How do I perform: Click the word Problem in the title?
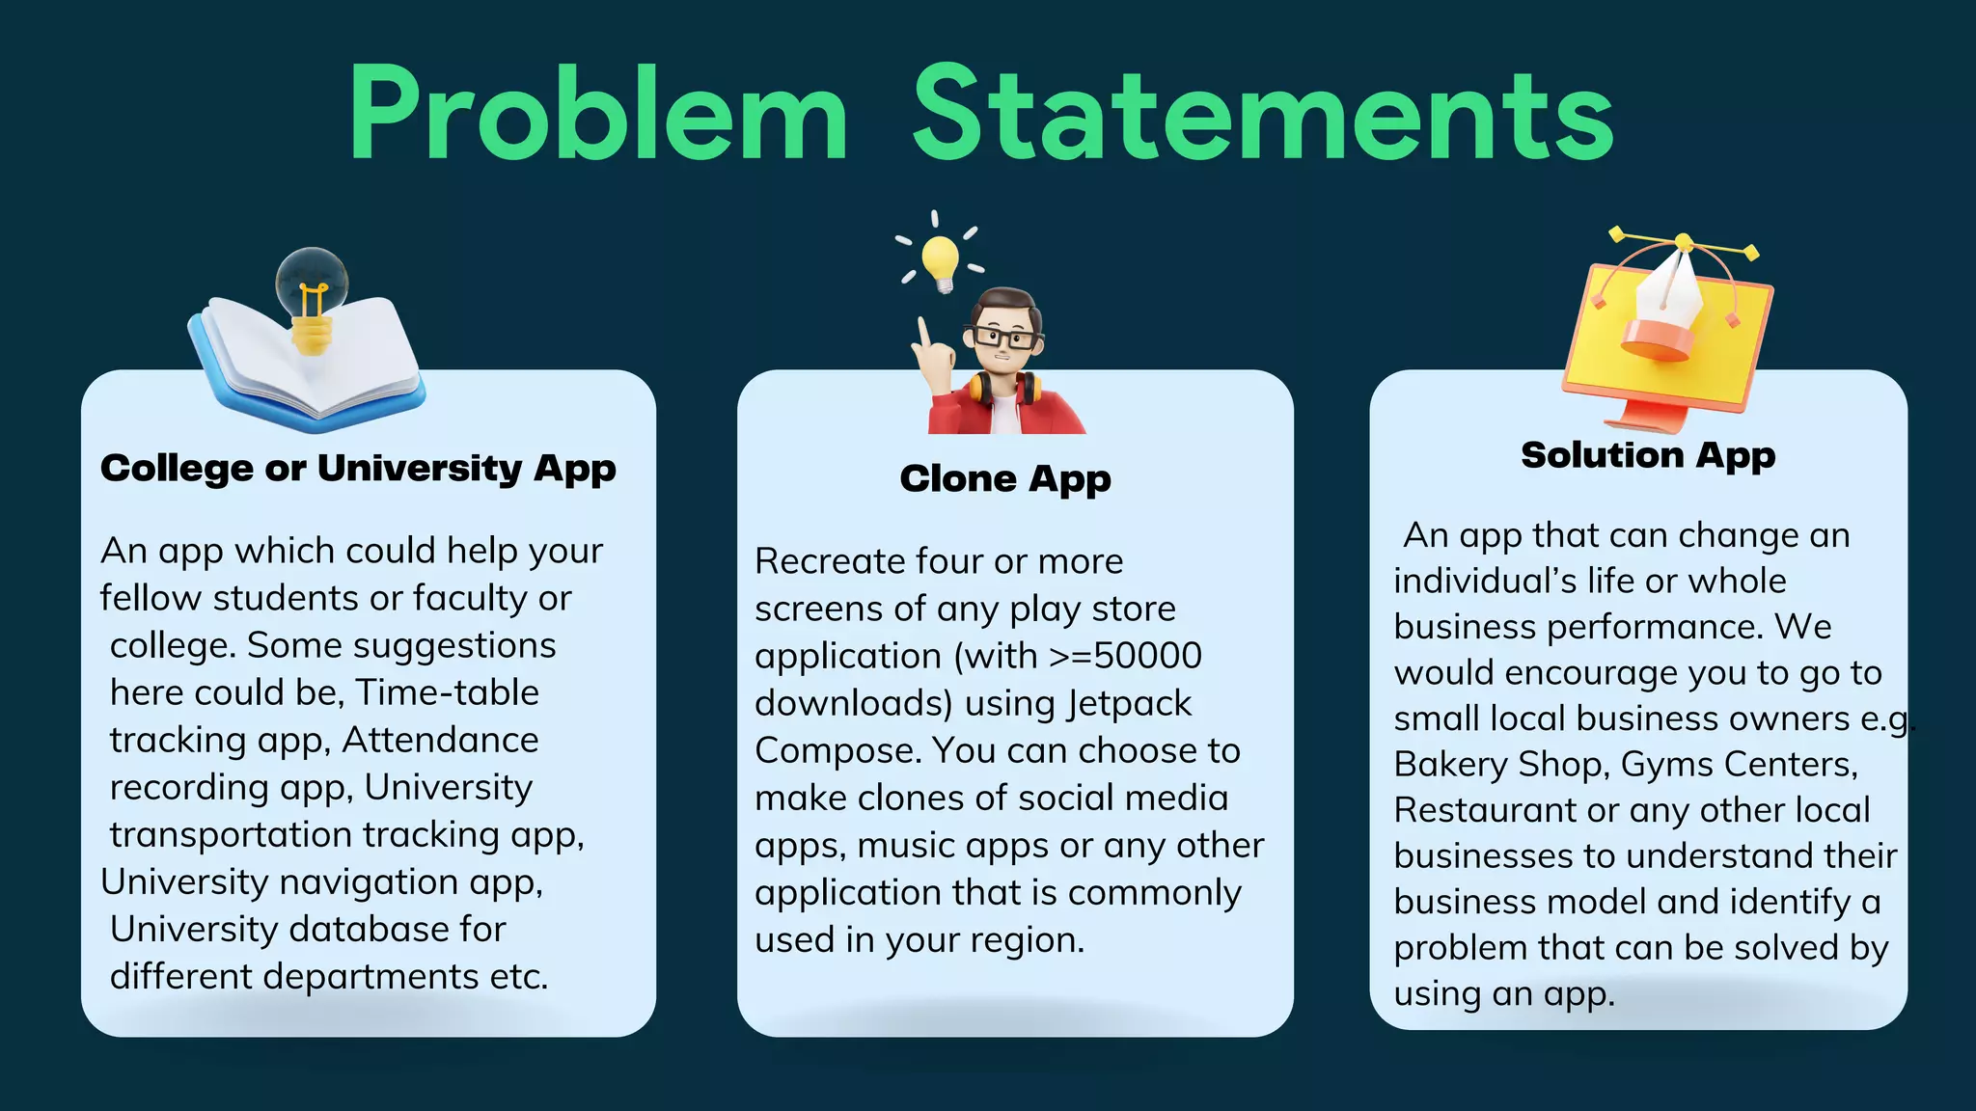tap(598, 114)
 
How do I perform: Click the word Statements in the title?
tap(1263, 114)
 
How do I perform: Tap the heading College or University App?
tap(358, 469)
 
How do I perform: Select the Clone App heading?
tap(1005, 478)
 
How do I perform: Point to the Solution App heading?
tap(1648, 455)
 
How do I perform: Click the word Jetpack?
tap(1131, 703)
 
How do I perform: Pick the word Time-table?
tap(447, 692)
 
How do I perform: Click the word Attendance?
tap(440, 740)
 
